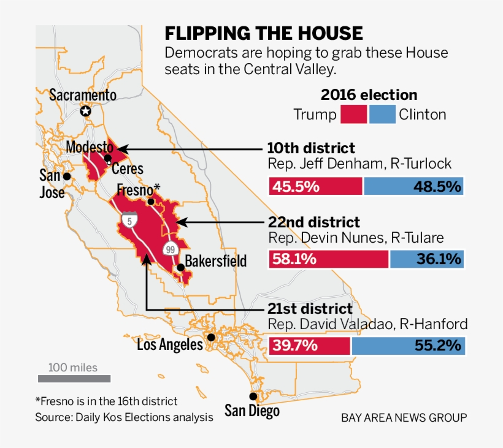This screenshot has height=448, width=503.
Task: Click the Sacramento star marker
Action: (x=86, y=111)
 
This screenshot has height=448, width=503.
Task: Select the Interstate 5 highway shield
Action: (x=129, y=220)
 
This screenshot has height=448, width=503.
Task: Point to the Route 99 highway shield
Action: (x=170, y=248)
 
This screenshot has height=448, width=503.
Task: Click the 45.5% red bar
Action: (x=315, y=186)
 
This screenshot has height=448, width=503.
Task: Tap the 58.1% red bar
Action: (x=328, y=259)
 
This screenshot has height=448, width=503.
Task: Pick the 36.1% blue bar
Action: (x=427, y=259)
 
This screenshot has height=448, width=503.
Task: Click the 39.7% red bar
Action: (x=309, y=346)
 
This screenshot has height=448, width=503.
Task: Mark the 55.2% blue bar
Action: (x=408, y=346)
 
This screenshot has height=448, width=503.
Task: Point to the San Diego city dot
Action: (x=253, y=397)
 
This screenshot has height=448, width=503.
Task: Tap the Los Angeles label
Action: (x=170, y=345)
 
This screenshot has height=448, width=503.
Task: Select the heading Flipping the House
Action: (x=264, y=33)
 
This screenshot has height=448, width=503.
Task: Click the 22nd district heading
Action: (x=313, y=222)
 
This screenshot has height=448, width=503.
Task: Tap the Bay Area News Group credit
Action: (x=404, y=418)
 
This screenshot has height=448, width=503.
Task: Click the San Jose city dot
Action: (x=67, y=176)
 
